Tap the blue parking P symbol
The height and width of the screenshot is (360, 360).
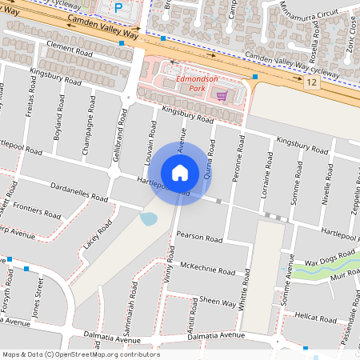[x=119, y=8]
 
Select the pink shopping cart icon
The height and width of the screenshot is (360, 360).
[x=222, y=95]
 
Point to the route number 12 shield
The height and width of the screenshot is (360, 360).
[x=312, y=82]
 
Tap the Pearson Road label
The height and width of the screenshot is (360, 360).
[x=199, y=238]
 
